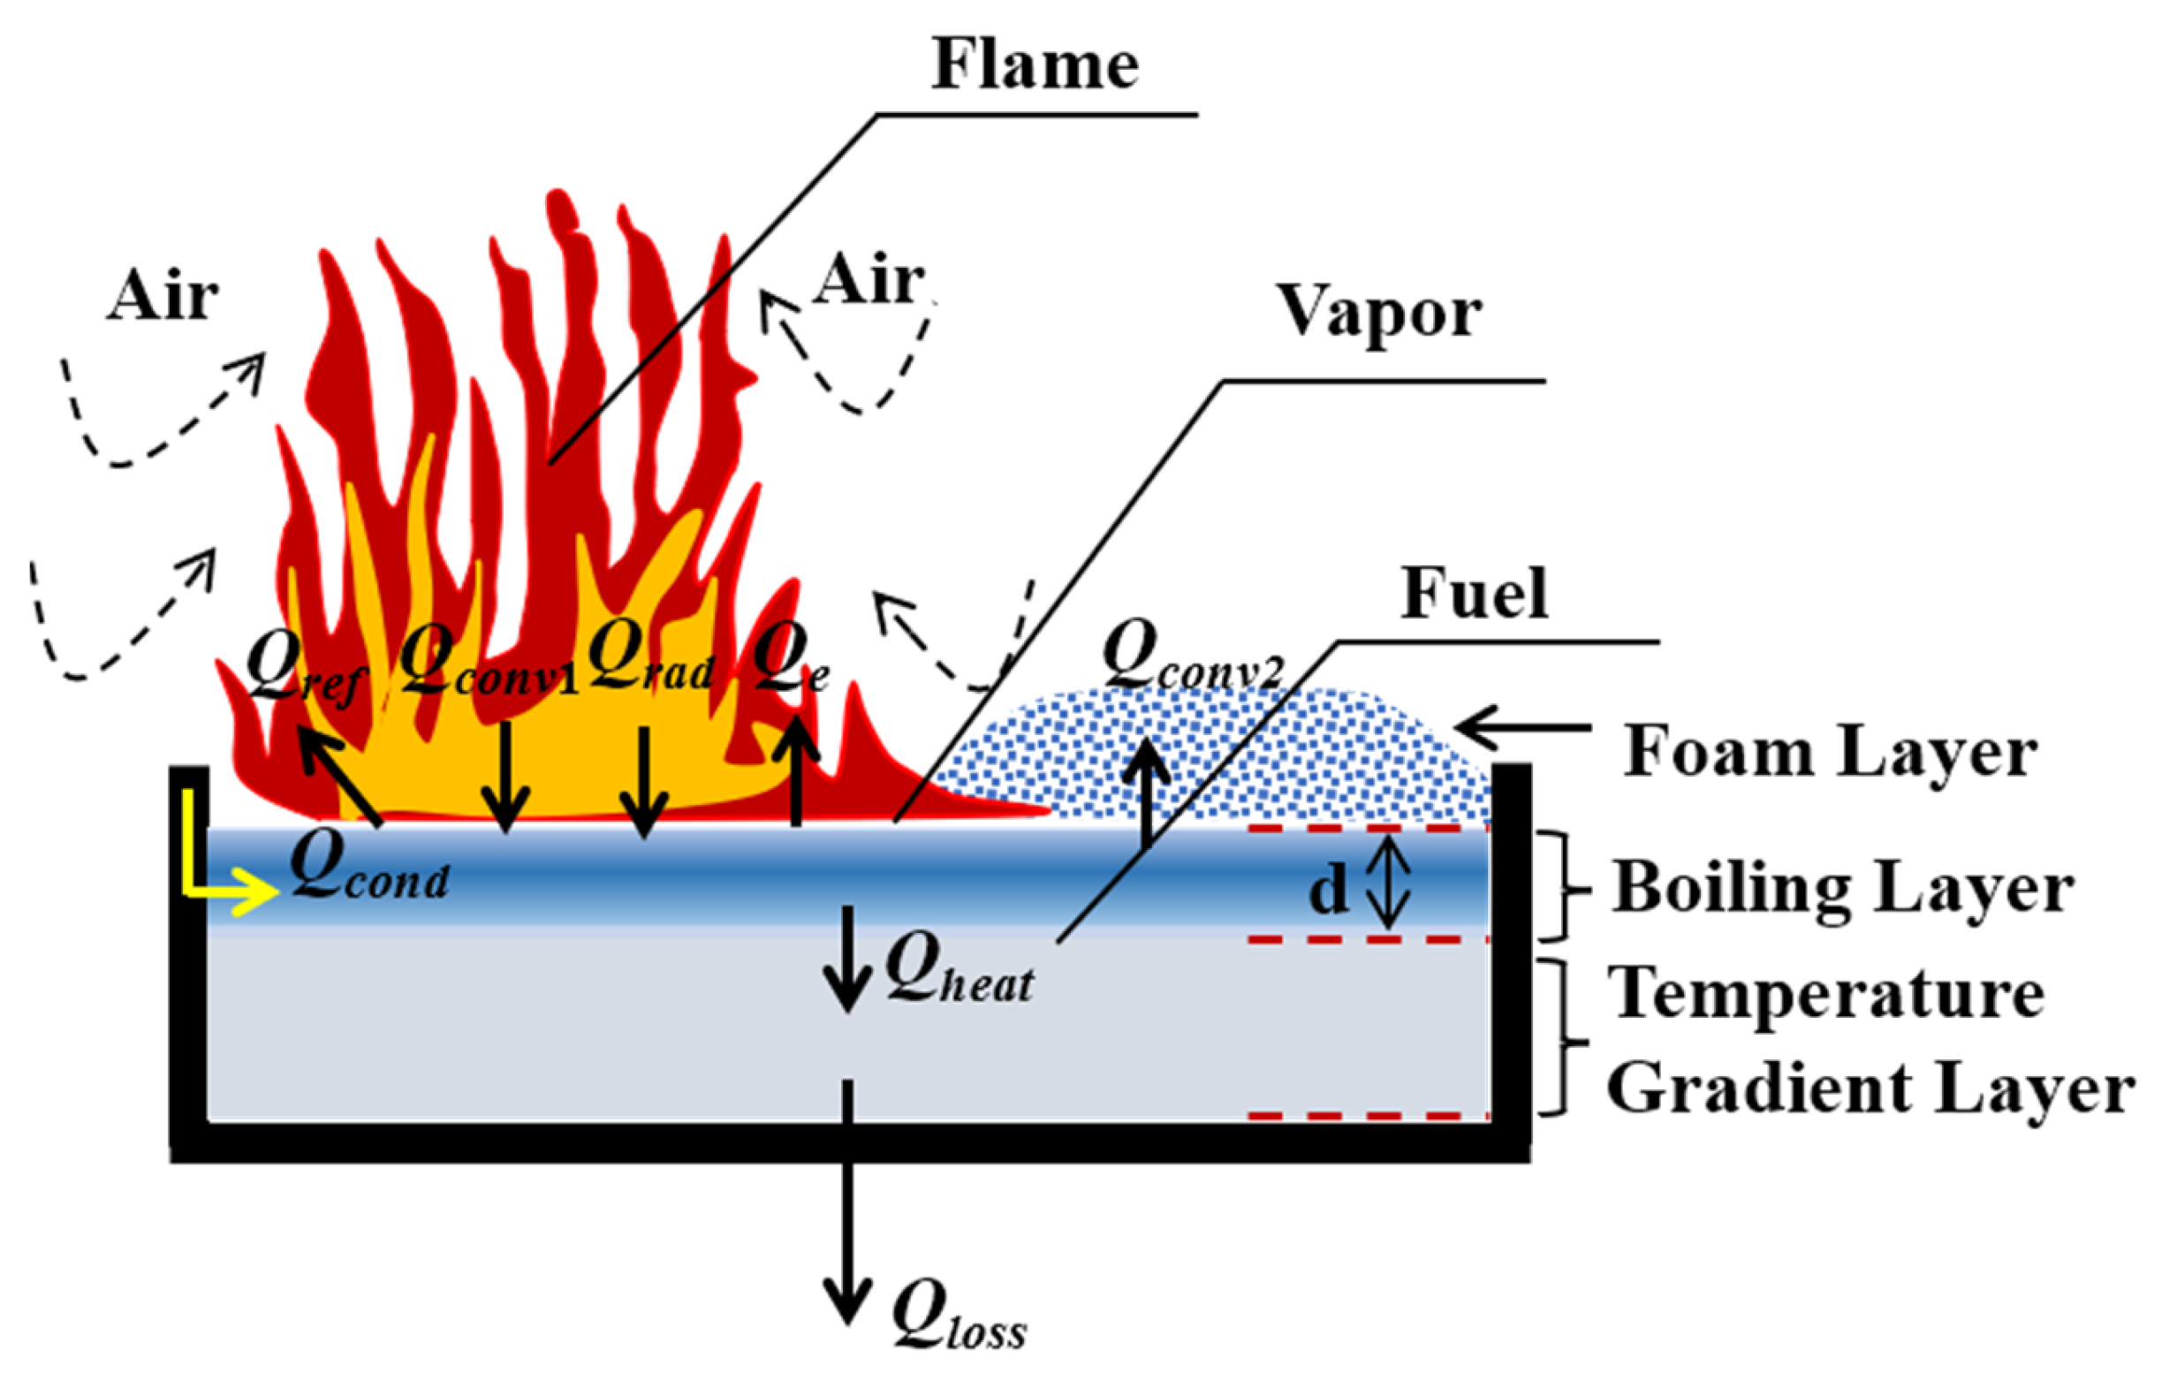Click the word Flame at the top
coord(1035,64)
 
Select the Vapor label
coord(1379,313)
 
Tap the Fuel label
coord(1475,594)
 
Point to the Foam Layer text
coord(1829,753)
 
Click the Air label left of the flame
coord(163,295)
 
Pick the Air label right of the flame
coord(868,279)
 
